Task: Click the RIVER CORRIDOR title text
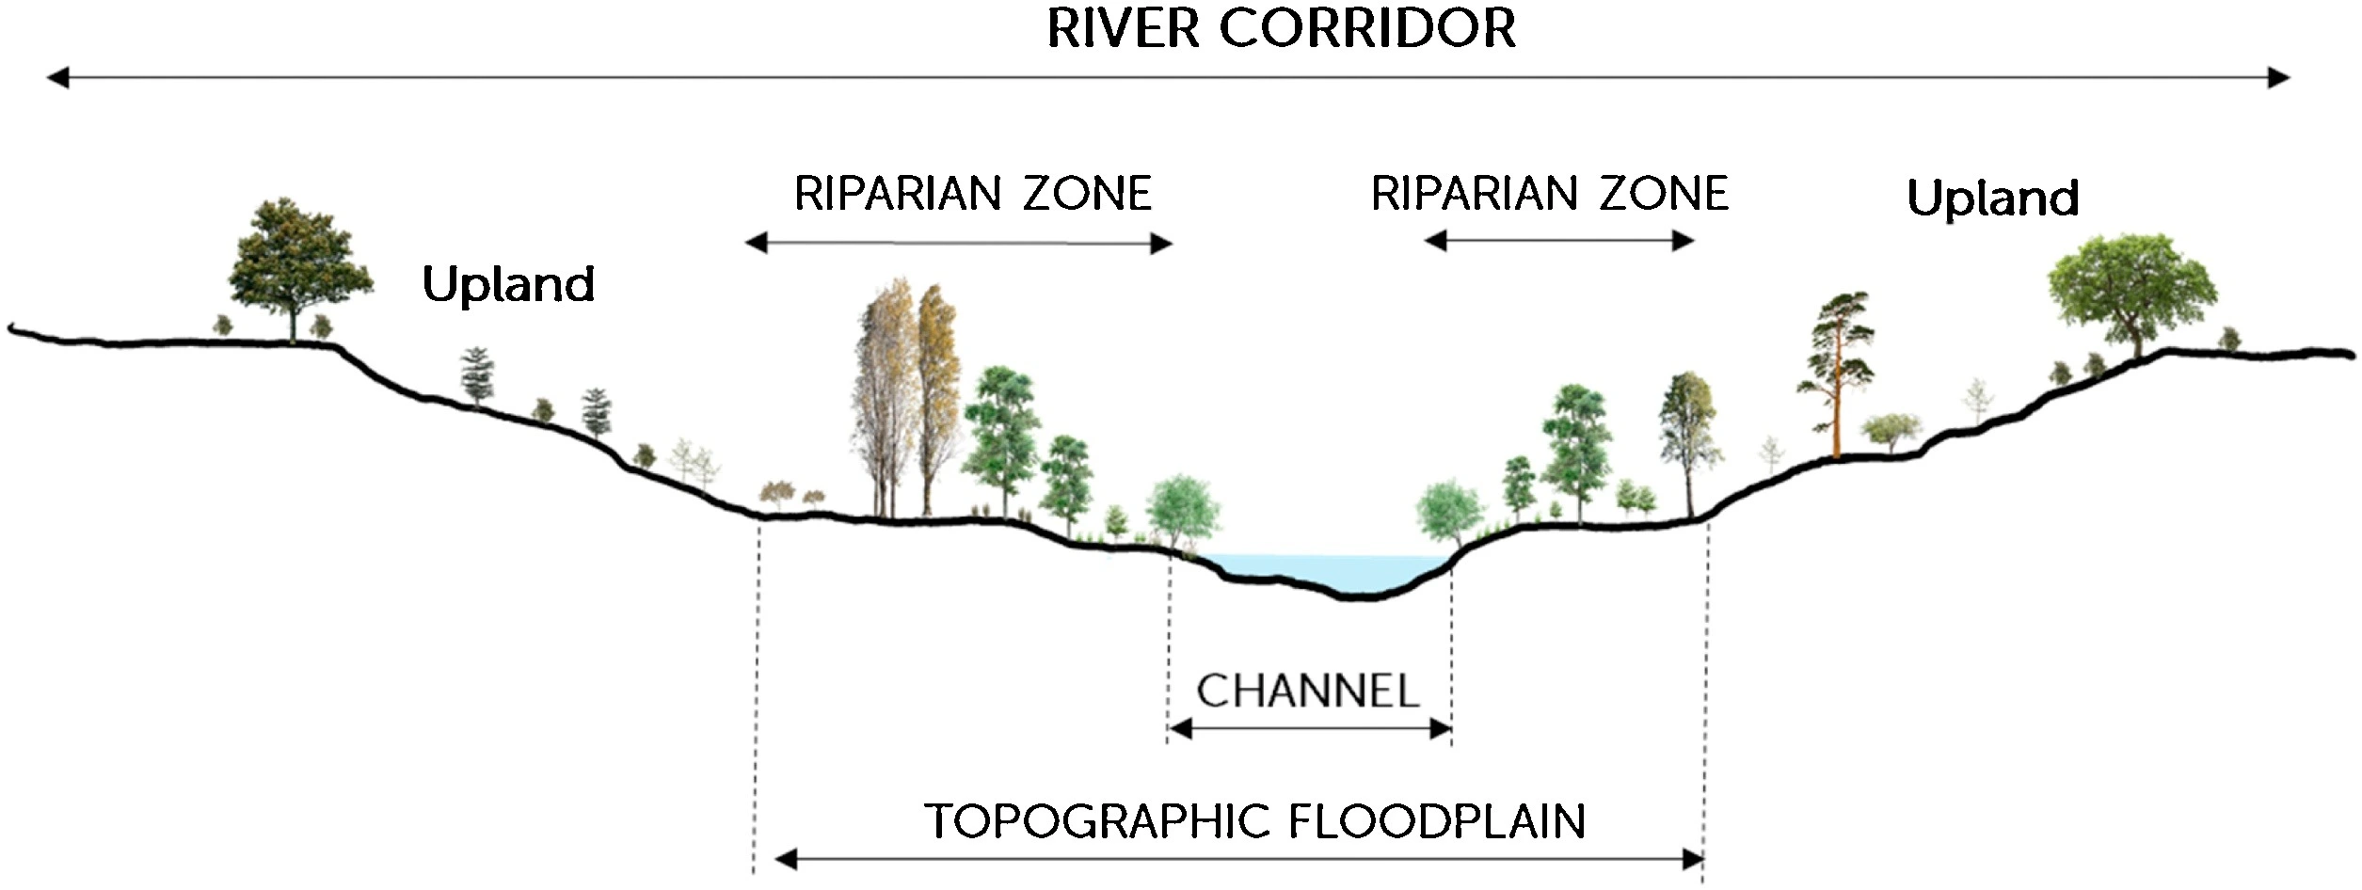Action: coord(1281,28)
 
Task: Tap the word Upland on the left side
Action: coord(508,284)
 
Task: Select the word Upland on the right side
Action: coord(1992,199)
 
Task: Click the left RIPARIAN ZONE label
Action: coord(973,194)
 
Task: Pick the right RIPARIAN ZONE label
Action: coord(1550,194)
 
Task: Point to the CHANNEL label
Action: coord(1307,691)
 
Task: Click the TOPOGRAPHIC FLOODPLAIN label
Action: coord(1254,821)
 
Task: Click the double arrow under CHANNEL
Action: coord(1309,729)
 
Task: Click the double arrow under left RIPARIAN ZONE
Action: coord(958,244)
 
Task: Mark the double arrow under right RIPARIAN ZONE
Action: coord(1558,241)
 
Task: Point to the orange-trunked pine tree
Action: coord(1836,376)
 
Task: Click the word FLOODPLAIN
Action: coord(1436,821)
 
